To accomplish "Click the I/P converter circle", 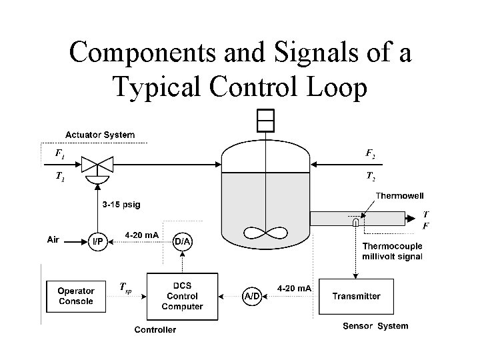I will (97, 241).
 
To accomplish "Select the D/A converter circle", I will (183, 241).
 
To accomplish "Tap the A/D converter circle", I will (252, 295).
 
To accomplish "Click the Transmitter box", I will (356, 296).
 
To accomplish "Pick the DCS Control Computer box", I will (182, 295).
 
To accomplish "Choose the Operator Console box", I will (75, 296).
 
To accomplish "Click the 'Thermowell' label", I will (400, 195).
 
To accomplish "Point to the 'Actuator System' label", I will (99, 135).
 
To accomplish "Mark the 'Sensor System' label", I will (375, 326).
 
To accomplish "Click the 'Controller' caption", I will (155, 329).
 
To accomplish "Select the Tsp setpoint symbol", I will (125, 287).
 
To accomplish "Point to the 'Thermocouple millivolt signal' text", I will (392, 251).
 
